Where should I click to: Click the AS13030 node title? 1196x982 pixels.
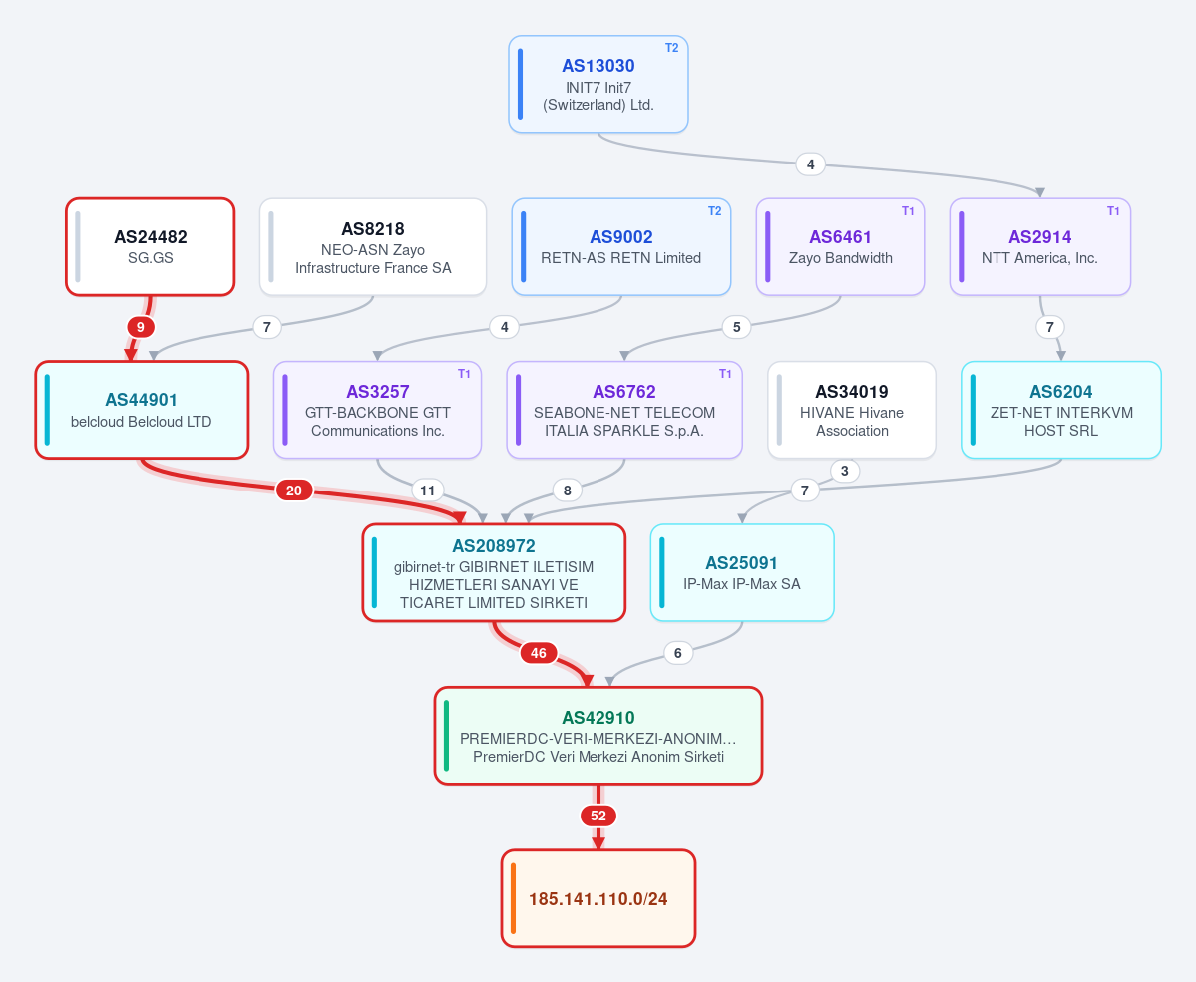click(598, 66)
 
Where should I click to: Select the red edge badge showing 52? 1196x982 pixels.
click(598, 816)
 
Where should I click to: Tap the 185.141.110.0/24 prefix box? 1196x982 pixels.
click(598, 899)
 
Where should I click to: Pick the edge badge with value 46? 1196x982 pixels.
click(539, 653)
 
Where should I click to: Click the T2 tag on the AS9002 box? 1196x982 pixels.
click(714, 211)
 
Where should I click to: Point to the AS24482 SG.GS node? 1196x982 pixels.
click(151, 247)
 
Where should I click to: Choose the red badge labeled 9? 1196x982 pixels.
click(141, 327)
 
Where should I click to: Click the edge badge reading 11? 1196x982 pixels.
click(427, 491)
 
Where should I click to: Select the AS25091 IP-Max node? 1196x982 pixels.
click(742, 572)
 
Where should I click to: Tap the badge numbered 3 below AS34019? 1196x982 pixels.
click(844, 471)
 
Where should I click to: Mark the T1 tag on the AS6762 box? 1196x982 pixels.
click(725, 374)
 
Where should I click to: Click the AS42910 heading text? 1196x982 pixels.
click(598, 718)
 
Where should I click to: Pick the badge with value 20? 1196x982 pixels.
click(294, 491)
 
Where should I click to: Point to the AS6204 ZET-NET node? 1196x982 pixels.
click(1061, 410)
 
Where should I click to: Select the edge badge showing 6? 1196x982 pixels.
click(678, 653)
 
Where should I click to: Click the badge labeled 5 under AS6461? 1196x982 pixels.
click(737, 327)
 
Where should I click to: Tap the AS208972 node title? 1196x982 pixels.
click(494, 546)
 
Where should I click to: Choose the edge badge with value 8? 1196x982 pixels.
click(567, 491)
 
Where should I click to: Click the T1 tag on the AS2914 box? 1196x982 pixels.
click(1113, 211)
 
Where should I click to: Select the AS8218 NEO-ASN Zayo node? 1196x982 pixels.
click(373, 247)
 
